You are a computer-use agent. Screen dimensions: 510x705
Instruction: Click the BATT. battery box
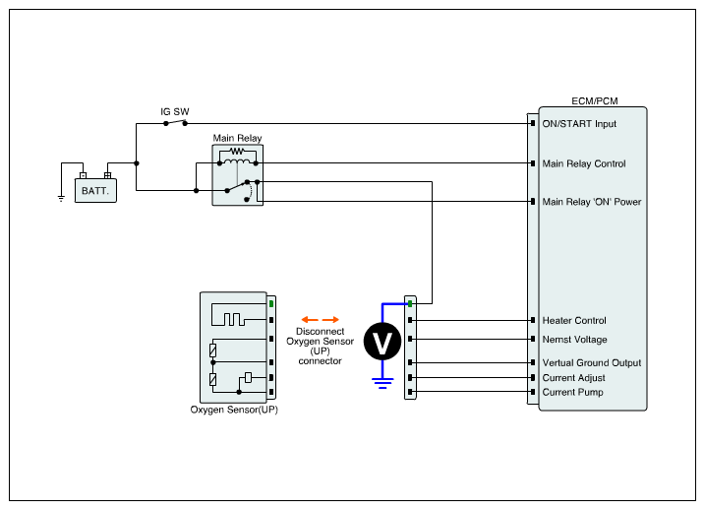click(95, 188)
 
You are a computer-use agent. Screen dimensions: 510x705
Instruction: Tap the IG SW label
click(175, 112)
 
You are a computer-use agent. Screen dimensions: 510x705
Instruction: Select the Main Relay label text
click(237, 139)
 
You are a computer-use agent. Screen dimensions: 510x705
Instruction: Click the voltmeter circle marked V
click(383, 342)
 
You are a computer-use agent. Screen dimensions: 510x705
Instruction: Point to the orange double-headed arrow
click(321, 319)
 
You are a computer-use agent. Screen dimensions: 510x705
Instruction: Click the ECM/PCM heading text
click(594, 101)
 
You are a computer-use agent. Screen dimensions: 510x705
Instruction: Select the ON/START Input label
click(579, 124)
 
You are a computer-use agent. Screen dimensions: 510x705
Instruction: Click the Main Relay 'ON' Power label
click(592, 202)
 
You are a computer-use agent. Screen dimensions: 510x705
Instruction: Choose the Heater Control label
click(574, 320)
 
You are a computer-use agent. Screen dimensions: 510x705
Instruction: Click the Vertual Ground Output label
click(591, 363)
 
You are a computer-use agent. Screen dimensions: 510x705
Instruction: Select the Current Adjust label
click(573, 377)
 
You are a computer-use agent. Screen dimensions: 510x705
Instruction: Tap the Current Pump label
click(572, 392)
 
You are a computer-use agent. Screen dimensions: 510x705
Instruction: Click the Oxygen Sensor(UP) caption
click(234, 410)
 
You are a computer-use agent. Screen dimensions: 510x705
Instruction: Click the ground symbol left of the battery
click(61, 197)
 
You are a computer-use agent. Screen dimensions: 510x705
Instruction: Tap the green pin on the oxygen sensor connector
click(270, 304)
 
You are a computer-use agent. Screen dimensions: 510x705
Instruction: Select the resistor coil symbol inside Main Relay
click(237, 153)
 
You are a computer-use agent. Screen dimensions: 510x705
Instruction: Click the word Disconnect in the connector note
click(320, 332)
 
